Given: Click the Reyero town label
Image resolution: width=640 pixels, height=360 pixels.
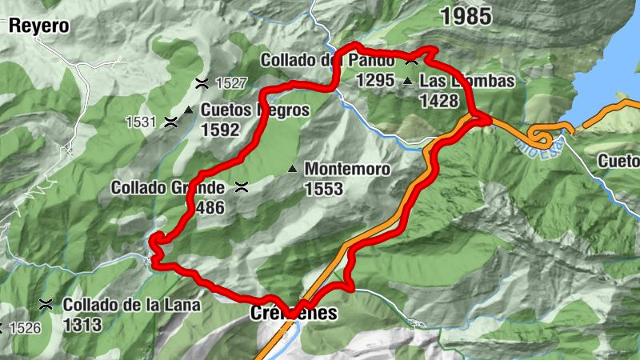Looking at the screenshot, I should point(38,26).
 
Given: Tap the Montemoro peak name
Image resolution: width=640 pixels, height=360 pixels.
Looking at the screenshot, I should point(347,170).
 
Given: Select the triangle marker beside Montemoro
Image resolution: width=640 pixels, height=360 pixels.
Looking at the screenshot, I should point(293,169).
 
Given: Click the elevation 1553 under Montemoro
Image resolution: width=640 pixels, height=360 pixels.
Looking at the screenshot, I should point(323,189).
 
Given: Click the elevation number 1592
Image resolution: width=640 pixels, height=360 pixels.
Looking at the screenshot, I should point(220,130).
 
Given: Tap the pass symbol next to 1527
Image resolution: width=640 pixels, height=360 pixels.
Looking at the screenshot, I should point(202,82).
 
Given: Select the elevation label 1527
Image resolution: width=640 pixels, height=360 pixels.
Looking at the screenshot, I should point(231,82).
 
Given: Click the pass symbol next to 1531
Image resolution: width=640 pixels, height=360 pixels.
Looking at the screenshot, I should point(170,122).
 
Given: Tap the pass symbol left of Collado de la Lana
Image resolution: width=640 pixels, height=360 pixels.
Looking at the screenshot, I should point(46,305).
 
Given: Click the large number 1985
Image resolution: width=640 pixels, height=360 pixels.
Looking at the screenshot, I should point(466,14).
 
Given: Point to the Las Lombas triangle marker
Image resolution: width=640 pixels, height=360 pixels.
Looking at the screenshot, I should point(408,81).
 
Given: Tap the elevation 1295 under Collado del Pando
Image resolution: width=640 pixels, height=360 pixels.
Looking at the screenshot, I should point(376,80).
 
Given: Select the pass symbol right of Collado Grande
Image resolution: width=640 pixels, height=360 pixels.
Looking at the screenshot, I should point(240,188).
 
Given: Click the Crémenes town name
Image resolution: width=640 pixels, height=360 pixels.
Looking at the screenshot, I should point(293,314).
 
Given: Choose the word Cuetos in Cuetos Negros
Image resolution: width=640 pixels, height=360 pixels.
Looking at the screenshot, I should point(225,110).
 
